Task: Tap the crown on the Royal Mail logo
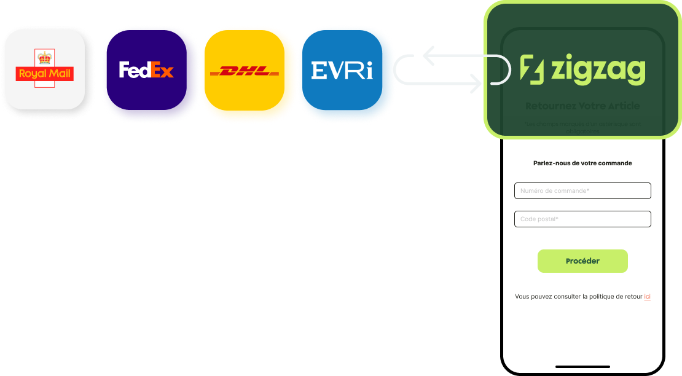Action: [44, 58]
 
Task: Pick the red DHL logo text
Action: [244, 72]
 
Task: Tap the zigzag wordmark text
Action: [598, 70]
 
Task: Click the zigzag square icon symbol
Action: [532, 69]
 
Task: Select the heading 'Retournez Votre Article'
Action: [582, 106]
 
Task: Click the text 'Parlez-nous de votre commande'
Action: [582, 163]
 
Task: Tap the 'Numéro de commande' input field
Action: [582, 191]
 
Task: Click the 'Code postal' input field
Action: [582, 219]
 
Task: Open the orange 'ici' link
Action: [647, 297]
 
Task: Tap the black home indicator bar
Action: [582, 367]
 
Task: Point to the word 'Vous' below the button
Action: [522, 297]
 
